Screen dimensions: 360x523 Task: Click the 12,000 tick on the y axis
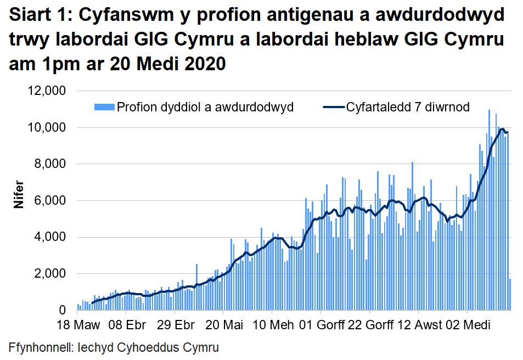46,91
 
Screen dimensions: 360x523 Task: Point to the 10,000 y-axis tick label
46,128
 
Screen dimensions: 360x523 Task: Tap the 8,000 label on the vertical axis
49,164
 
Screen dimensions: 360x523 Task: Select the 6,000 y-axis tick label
49,201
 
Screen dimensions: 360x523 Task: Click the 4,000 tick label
49,238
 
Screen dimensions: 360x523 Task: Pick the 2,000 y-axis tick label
49,274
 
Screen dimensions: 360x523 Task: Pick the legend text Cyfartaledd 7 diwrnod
408,107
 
